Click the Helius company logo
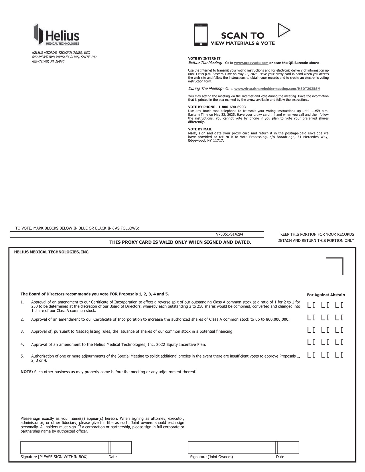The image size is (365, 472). tap(57, 35)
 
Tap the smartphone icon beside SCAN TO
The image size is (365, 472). tap(201, 35)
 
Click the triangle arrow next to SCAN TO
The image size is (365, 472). tap(283, 30)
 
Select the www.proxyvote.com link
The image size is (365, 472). tap(251, 63)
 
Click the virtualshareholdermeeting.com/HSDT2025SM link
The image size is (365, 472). tap(277, 89)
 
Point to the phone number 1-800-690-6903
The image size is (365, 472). tap(232, 107)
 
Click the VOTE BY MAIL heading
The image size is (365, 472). tap(200, 129)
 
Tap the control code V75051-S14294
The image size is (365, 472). tap(229, 234)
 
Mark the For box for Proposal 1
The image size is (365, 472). tap(311, 306)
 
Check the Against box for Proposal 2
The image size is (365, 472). tap(325, 318)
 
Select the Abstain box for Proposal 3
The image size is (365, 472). tap(339, 330)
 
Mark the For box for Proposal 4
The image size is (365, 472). tap(311, 342)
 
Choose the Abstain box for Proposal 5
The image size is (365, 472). tap(339, 355)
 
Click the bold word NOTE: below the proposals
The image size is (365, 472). tap(27, 372)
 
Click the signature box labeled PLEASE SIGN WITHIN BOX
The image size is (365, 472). tap(64, 448)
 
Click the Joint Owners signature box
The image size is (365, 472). tap(232, 448)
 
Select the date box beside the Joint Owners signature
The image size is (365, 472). tap(288, 448)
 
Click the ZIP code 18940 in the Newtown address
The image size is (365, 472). tap(60, 62)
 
